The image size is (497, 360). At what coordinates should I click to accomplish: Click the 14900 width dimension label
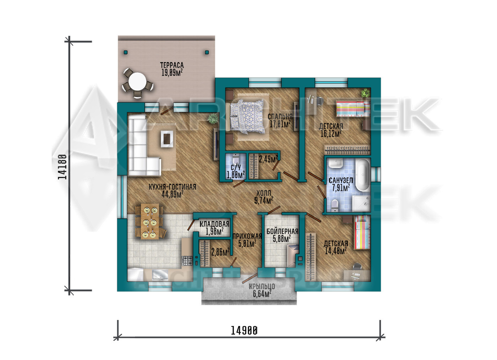(x=244, y=331)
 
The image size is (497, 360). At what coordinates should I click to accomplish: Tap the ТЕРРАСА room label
(x=172, y=65)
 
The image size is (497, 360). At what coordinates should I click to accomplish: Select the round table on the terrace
(x=138, y=81)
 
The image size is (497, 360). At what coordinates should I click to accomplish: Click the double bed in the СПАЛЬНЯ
(x=247, y=116)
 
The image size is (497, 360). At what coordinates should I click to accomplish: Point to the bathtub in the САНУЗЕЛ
(x=363, y=175)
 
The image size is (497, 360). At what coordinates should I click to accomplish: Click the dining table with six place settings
(x=150, y=221)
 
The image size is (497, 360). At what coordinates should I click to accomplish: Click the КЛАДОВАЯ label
(x=214, y=224)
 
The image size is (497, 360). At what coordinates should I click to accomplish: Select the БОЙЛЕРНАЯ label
(x=282, y=231)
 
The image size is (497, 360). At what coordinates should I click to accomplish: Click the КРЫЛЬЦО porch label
(x=262, y=287)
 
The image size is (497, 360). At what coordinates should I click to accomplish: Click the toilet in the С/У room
(x=236, y=159)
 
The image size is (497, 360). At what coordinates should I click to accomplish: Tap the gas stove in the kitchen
(x=187, y=261)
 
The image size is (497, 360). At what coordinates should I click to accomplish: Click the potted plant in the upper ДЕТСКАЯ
(x=365, y=93)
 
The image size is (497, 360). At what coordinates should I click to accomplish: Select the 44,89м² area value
(x=173, y=194)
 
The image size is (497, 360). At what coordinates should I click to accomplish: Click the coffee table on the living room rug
(x=167, y=139)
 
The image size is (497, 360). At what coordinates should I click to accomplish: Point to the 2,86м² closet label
(x=220, y=252)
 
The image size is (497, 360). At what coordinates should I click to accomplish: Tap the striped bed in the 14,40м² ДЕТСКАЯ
(x=362, y=232)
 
